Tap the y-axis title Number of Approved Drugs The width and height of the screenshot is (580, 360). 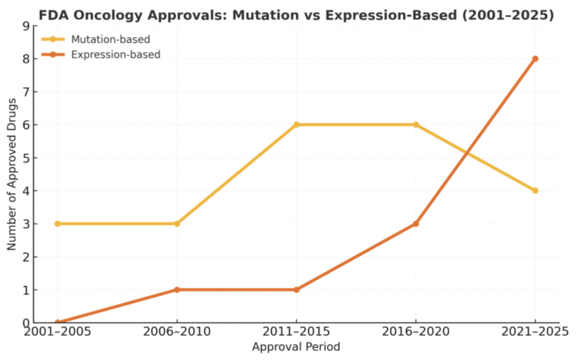click(12, 174)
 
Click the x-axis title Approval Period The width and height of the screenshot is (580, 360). click(296, 347)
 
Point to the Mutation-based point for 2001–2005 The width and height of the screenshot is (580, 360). click(57, 223)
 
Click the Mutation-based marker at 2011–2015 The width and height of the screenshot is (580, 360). click(296, 125)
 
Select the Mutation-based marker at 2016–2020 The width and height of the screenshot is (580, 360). click(415, 125)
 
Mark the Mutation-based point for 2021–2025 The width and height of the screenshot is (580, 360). click(535, 190)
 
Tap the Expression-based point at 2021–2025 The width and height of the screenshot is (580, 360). click(535, 58)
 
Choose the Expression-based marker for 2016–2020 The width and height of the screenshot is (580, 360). click(415, 223)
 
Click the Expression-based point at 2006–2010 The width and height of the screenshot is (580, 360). click(177, 290)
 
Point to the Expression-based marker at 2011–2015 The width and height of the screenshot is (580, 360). click(296, 290)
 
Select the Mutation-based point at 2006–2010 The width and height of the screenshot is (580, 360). click(177, 223)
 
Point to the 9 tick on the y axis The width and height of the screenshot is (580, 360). click(26, 26)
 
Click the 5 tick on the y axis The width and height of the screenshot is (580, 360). click(26, 158)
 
